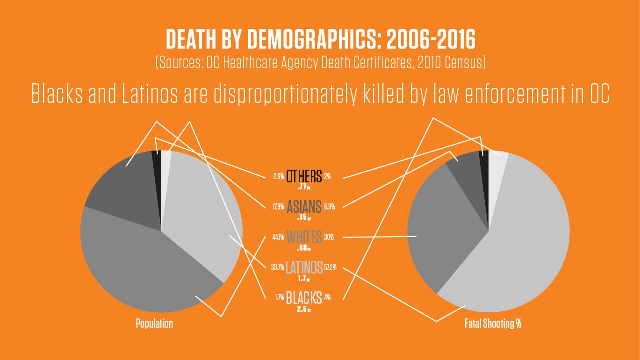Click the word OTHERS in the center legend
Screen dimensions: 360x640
(304, 176)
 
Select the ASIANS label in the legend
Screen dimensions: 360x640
(304, 206)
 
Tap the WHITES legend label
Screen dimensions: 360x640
(304, 237)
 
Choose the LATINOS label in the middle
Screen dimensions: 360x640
(304, 267)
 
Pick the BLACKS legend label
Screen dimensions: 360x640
(304, 297)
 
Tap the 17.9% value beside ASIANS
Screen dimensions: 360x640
(278, 207)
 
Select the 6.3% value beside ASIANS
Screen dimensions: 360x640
(329, 207)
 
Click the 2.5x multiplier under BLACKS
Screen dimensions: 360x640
(304, 309)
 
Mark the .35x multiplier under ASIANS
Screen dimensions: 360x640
(304, 218)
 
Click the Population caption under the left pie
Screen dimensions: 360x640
(154, 324)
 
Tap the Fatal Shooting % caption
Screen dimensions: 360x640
(493, 324)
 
